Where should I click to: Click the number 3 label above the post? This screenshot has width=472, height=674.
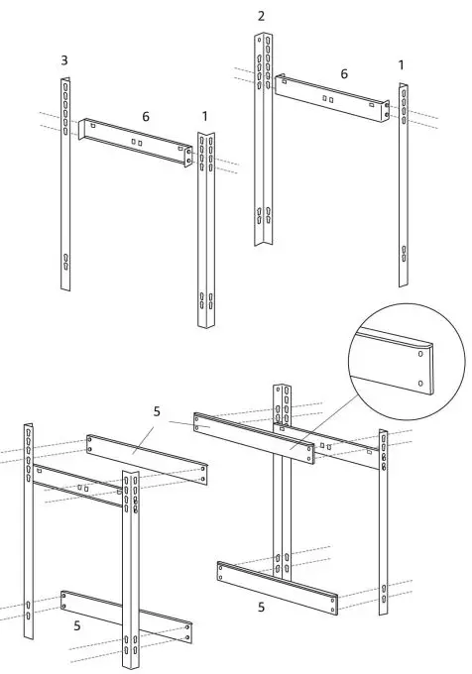pos(64,61)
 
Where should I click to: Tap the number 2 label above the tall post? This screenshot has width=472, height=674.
pos(261,16)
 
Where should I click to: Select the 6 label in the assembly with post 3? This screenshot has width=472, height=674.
pos(145,117)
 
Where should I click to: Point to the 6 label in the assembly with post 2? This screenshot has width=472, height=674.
pos(344,73)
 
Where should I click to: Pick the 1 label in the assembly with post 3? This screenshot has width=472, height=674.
pos(204,117)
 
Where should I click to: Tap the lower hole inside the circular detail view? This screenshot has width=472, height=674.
pos(421,383)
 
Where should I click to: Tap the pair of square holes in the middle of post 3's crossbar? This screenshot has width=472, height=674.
pos(136,142)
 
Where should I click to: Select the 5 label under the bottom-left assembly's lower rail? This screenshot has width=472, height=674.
pos(76,625)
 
